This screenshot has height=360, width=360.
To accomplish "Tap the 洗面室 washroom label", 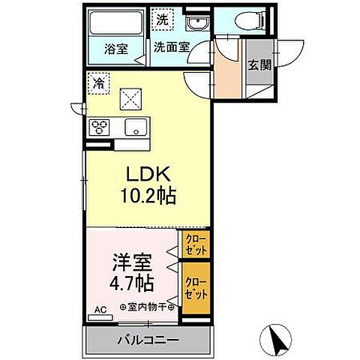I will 171,47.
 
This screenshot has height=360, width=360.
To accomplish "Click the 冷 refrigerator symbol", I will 98,84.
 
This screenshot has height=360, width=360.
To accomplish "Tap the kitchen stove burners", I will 100,127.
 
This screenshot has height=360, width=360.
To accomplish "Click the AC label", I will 99,308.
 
